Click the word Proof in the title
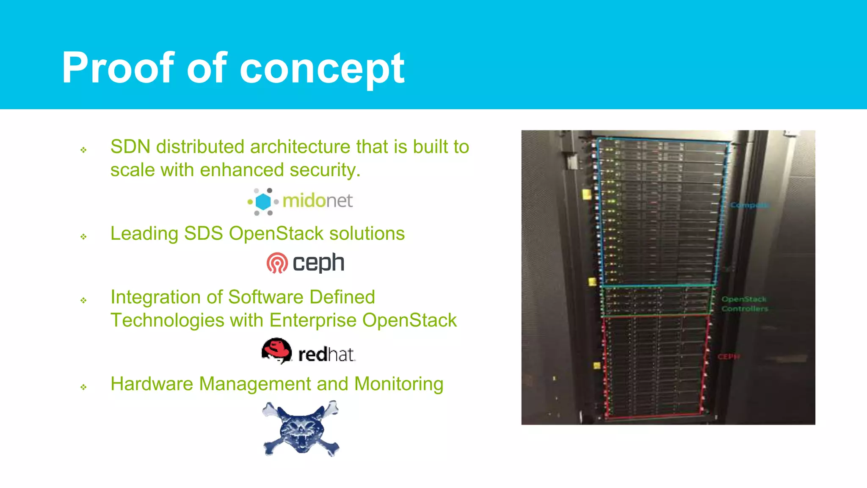[x=118, y=68]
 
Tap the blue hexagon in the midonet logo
[x=263, y=202]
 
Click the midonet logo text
[x=318, y=201]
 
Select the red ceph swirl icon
[x=277, y=263]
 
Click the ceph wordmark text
[x=318, y=263]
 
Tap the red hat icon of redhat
[x=277, y=350]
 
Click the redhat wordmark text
[x=326, y=355]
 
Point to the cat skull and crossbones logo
[x=301, y=429]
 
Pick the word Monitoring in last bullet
[x=399, y=384]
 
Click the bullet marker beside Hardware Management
[x=83, y=387]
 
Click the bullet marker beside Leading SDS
[x=83, y=236]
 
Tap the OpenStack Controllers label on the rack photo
[x=744, y=304]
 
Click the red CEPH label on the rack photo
[x=728, y=357]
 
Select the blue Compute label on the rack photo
[x=748, y=205]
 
